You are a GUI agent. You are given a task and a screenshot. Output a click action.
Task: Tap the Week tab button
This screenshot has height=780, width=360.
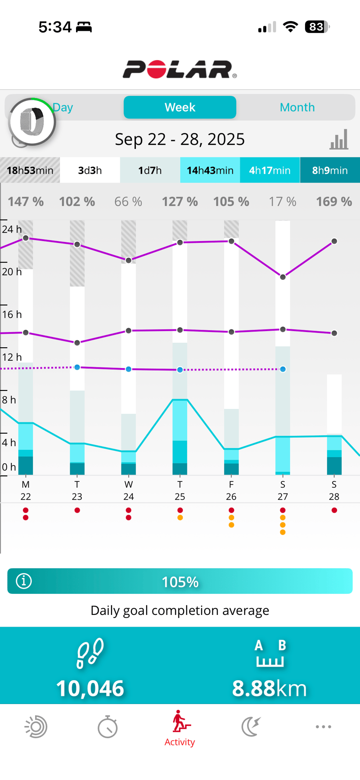pos(180,108)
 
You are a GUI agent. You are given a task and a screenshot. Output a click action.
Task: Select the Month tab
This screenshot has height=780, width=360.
pos(297,108)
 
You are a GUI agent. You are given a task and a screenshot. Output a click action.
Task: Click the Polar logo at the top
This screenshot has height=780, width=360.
pos(180,69)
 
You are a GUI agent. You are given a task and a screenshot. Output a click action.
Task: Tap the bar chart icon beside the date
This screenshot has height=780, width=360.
pos(339,139)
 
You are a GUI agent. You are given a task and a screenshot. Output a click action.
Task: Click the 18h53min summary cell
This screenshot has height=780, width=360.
pos(30,170)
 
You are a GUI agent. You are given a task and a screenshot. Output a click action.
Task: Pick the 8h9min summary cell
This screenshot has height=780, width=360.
pos(330,170)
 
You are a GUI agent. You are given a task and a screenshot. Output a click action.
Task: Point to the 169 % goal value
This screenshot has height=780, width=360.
pos(334,202)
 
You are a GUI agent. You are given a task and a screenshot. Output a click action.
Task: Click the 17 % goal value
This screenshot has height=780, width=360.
pos(283,202)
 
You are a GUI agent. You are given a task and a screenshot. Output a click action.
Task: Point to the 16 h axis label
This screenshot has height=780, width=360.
pos(12,314)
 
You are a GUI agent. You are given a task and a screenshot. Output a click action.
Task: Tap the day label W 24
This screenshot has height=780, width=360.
pos(129,490)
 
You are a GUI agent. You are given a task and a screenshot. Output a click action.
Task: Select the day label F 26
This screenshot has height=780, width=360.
pos(231,490)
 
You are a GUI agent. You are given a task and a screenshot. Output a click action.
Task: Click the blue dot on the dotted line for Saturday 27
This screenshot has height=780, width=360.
pos(283,369)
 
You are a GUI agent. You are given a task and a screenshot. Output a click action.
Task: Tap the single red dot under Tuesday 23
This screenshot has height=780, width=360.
pos(77,510)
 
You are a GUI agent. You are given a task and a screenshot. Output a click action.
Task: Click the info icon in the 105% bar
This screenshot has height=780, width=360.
pos(24,581)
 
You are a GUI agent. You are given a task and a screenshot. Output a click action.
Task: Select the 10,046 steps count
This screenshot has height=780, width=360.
pos(90,688)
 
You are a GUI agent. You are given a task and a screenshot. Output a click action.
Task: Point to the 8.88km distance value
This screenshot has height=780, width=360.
pos(269,688)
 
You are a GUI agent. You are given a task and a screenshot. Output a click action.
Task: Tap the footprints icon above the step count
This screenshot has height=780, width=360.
pos(90,653)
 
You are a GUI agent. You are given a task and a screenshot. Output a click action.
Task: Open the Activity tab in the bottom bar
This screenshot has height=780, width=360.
pos(180,729)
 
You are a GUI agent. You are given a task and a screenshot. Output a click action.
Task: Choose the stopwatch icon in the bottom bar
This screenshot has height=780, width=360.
pos(108,727)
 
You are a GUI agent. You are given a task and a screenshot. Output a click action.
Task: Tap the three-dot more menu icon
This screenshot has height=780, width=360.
pos(324,726)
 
